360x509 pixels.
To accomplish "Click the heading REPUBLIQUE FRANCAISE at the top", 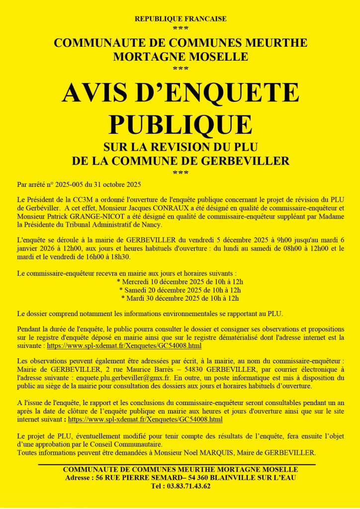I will pos(180,19).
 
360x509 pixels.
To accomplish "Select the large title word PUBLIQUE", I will pos(180,124).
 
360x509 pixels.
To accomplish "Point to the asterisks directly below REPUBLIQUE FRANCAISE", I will pos(180,28).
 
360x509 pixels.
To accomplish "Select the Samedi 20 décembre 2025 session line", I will pos(180,290).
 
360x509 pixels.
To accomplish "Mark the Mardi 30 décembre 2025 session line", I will pos(180,298).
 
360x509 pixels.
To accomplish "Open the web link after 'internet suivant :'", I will pos(145,420).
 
